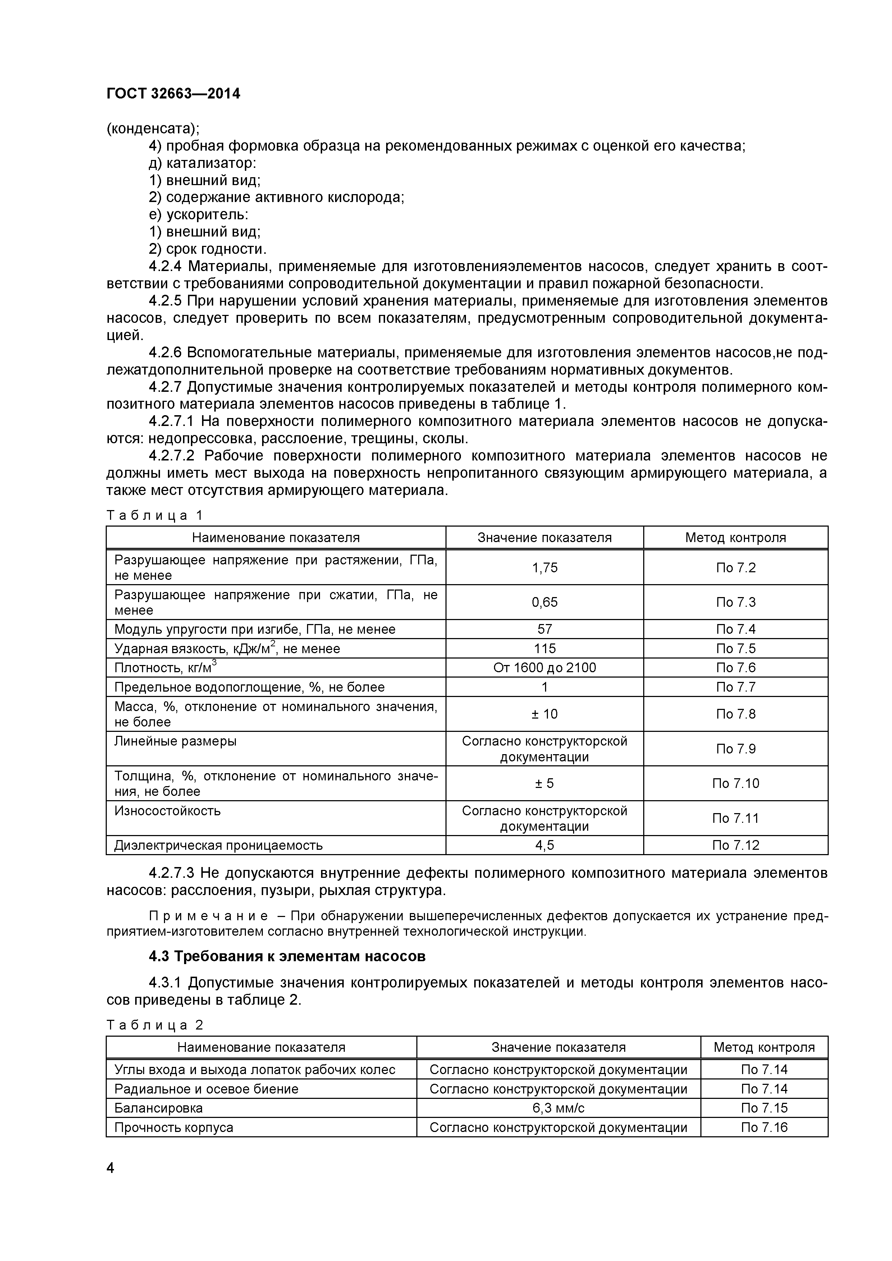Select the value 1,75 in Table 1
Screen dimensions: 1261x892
[x=544, y=567]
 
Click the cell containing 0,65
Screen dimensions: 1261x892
[x=544, y=602]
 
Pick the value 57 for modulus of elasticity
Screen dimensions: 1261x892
[x=544, y=629]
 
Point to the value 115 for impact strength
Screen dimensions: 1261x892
[x=544, y=648]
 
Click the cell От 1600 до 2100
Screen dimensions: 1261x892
[x=544, y=668]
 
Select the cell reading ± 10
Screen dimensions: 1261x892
[x=544, y=714]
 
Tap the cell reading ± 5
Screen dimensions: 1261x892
[x=544, y=783]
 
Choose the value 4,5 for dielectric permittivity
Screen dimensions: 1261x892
[x=544, y=845]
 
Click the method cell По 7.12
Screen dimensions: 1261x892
[x=736, y=845]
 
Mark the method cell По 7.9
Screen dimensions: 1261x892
[x=736, y=748]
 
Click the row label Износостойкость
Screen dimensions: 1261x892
[x=168, y=811]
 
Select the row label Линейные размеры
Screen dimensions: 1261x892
[x=175, y=742]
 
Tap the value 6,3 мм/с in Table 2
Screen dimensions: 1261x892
[x=558, y=1108]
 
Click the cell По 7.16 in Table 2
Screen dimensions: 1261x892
[x=764, y=1128]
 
